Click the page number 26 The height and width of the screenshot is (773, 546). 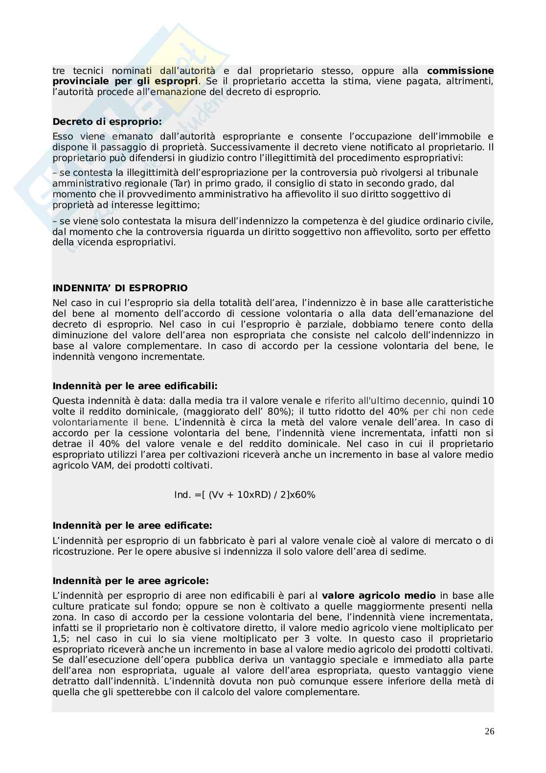point(489,731)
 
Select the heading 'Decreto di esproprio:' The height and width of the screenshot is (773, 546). point(107,121)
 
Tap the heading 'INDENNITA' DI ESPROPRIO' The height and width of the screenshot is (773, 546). point(120,288)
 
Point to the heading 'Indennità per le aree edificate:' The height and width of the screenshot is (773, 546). point(132,525)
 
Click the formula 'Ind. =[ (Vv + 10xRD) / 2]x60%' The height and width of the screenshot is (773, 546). point(245,494)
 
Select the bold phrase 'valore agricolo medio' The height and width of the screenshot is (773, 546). point(379,596)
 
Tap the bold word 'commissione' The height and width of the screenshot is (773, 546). point(460,70)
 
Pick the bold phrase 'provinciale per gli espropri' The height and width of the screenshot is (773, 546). point(126,81)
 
